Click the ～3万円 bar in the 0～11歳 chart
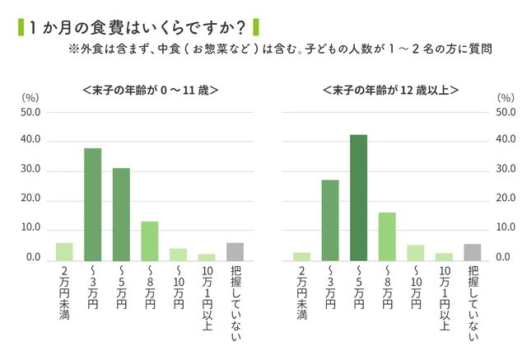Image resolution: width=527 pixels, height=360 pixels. click(92, 204)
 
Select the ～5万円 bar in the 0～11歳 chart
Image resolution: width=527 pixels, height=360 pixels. click(121, 214)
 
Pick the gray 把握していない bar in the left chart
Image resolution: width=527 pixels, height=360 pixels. click(235, 251)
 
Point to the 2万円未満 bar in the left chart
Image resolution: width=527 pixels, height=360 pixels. click(64, 251)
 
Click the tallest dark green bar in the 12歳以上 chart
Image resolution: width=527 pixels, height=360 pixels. click(358, 198)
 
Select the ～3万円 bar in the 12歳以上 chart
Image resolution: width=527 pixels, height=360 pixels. click(330, 220)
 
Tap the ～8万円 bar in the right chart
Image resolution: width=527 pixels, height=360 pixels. click(387, 236)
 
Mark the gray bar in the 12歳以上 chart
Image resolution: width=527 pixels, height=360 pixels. click(472, 252)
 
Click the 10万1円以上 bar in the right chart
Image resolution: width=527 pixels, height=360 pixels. click(444, 256)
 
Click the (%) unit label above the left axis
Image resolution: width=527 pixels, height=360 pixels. click(30, 97)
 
